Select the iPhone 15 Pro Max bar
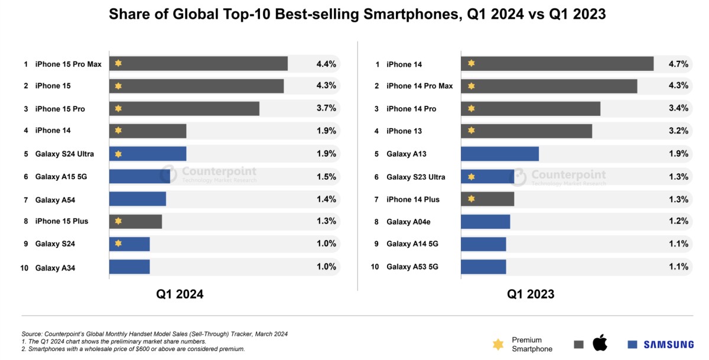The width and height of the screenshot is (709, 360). [x=198, y=63]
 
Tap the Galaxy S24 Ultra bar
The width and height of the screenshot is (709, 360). [x=148, y=154]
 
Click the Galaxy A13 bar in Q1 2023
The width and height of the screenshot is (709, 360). [x=499, y=154]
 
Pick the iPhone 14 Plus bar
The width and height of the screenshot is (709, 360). [x=487, y=199]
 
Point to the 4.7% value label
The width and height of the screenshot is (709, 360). [x=677, y=63]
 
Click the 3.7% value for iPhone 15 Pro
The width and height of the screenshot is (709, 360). [x=326, y=108]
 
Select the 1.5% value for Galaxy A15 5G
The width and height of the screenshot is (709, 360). [x=326, y=176]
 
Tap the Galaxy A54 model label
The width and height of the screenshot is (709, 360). [x=55, y=200]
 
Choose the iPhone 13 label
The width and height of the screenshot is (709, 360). [x=404, y=131]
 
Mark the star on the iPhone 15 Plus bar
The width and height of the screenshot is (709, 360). [x=118, y=221]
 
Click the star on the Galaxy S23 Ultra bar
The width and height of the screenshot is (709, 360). [x=471, y=176]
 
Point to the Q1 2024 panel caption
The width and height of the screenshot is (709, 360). [x=180, y=294]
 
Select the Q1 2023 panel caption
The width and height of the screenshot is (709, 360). [x=531, y=294]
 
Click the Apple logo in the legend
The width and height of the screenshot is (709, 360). [x=600, y=342]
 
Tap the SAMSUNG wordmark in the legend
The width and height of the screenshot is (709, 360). [x=668, y=345]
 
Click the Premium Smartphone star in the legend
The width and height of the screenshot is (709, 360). [x=498, y=344]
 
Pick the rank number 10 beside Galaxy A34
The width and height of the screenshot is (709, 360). [x=24, y=268]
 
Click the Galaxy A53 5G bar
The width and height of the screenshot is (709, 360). [x=483, y=267]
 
